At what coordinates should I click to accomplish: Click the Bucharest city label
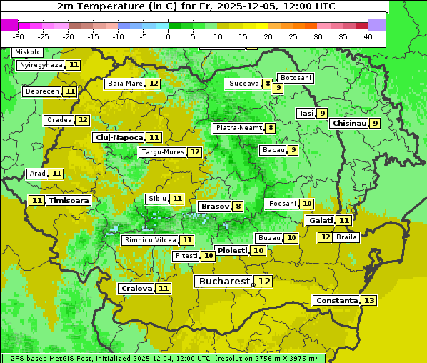[x=224, y=282]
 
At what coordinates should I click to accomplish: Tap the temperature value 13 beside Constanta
[x=368, y=301]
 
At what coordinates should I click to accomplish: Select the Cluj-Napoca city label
[x=119, y=137]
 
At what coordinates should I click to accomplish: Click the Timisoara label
[x=69, y=201]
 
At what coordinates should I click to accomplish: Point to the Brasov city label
[x=214, y=206]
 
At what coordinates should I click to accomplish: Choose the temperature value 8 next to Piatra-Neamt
[x=271, y=128]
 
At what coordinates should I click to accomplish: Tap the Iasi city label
[x=306, y=113]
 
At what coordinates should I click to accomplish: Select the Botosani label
[x=296, y=77]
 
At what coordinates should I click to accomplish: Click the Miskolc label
[x=28, y=52]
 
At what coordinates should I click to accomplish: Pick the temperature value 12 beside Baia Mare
[x=154, y=84]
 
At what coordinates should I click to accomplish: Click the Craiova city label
[x=136, y=288]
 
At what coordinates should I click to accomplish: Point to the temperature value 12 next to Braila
[x=325, y=237]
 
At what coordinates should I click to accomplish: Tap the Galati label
[x=321, y=221]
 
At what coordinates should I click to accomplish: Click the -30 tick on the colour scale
[x=19, y=36]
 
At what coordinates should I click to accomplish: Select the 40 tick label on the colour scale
[x=368, y=36]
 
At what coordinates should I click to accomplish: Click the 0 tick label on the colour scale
[x=168, y=36]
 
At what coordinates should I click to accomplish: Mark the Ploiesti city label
[x=233, y=251]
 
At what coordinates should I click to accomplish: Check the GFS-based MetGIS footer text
[x=163, y=358]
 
